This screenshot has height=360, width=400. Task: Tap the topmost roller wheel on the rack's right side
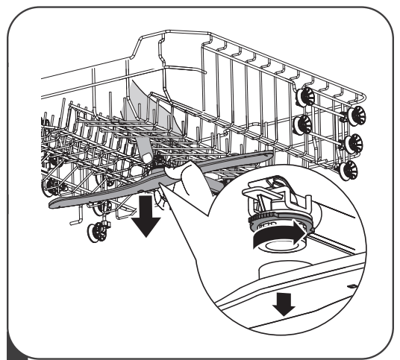pyautogui.click(x=305, y=98)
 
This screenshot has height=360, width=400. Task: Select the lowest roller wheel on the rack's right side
pyautogui.click(x=346, y=170)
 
